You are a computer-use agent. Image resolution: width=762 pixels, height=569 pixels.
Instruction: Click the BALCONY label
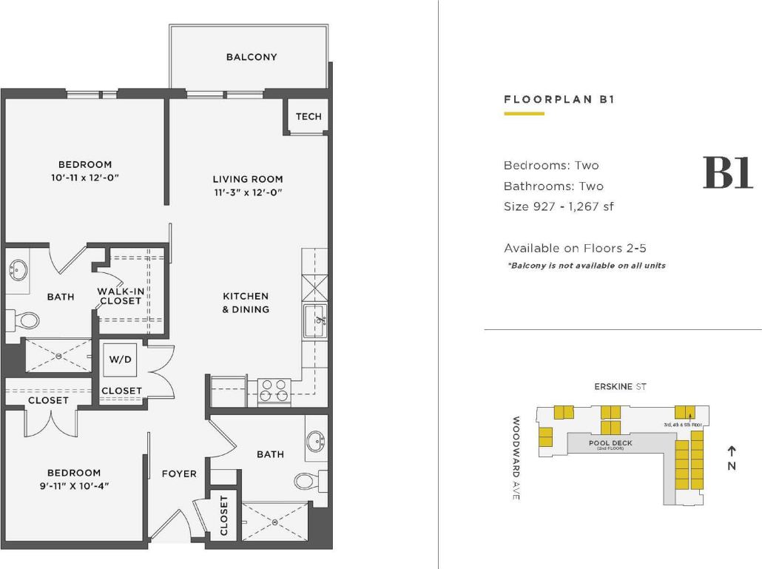252,57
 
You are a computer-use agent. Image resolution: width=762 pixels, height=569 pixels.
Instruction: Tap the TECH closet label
308,116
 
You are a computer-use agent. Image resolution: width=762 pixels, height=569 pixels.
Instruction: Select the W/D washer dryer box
121,360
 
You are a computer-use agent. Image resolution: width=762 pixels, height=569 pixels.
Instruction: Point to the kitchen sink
316,320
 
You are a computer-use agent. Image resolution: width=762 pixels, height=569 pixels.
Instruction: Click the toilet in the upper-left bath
27,320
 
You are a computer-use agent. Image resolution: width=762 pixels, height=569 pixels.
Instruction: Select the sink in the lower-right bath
317,442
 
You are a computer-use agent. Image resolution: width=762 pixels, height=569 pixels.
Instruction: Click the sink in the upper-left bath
17,270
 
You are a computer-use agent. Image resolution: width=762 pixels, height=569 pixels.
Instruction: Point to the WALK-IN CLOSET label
120,296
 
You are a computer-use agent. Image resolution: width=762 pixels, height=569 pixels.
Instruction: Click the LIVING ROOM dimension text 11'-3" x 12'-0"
248,192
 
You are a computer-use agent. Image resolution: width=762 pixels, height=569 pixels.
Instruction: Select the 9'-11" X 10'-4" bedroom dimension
74,486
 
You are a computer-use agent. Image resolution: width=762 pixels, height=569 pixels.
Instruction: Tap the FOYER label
179,474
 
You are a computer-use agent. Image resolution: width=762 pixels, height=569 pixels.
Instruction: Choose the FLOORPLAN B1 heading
559,99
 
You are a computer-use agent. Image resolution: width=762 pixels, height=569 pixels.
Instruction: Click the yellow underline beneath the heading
524,114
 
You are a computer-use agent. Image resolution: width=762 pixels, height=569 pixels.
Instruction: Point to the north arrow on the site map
732,450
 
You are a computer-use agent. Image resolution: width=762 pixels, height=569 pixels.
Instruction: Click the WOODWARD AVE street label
516,459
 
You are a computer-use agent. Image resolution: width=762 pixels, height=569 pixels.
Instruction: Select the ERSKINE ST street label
620,386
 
